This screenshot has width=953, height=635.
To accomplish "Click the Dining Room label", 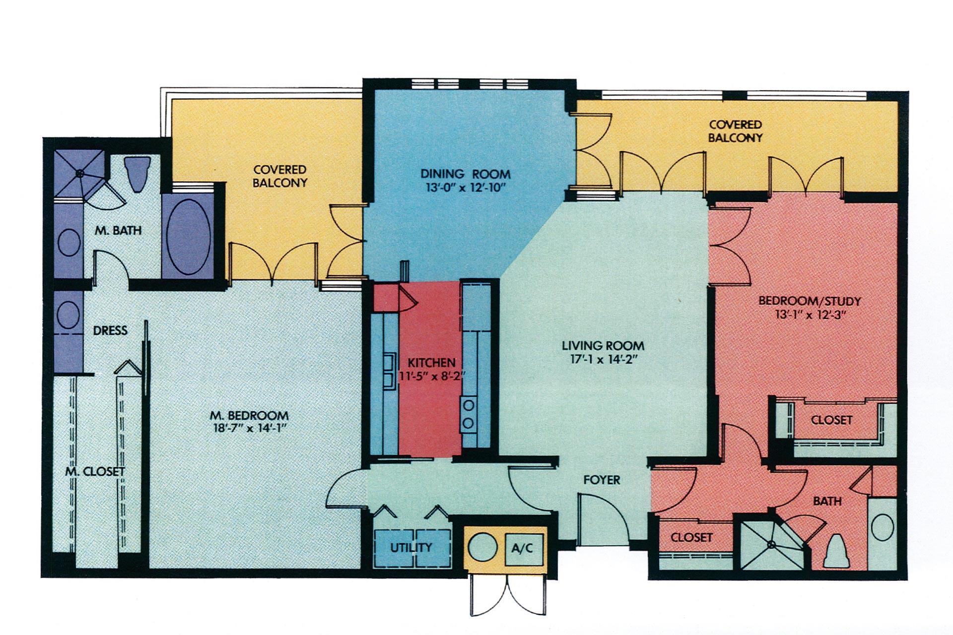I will coord(465,174).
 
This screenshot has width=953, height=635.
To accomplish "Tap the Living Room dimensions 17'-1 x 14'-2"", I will coord(603,359).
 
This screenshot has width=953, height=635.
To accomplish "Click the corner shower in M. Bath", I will coord(79,173).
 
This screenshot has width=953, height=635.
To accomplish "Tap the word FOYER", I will coord(602,480).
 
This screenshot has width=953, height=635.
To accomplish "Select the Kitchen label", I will coord(431,363).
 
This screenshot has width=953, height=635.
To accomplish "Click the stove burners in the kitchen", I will coord(469,415).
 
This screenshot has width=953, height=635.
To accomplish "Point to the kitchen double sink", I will coord(388,369).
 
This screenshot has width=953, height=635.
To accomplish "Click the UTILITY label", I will coord(411,548).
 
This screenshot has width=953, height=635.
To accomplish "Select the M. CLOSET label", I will coord(95,471).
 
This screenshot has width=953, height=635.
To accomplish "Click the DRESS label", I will coord(110,330).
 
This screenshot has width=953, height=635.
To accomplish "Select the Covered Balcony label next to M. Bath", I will coord(280,176).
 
